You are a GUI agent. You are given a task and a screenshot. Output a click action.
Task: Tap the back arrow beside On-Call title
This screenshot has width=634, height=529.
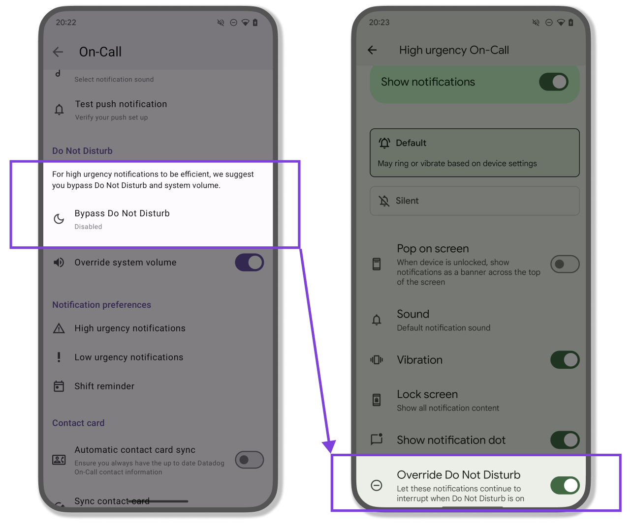(x=58, y=52)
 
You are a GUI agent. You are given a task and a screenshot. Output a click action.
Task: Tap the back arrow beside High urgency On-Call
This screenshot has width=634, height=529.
(x=372, y=50)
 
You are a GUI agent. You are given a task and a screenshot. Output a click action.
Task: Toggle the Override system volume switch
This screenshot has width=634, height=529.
(x=249, y=263)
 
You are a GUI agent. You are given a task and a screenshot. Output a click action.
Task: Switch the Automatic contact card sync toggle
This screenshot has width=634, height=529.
(x=249, y=460)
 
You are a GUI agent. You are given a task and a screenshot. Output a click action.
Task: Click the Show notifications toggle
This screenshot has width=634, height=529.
(x=554, y=82)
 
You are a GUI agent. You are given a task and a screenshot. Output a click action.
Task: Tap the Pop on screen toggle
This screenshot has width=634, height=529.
(x=565, y=264)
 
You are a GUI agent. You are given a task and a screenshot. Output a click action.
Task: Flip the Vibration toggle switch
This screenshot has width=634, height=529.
(x=565, y=360)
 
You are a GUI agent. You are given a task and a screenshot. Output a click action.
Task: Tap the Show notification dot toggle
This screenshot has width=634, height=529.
(x=565, y=440)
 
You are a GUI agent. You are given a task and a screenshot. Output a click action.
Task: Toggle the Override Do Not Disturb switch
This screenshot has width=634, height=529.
(x=565, y=485)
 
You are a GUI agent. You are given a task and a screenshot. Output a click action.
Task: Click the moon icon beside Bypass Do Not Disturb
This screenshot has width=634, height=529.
(x=59, y=219)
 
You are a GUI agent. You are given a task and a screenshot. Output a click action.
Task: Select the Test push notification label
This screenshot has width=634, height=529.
(x=121, y=104)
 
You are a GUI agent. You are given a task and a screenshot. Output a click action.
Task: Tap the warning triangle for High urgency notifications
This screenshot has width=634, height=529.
(x=59, y=328)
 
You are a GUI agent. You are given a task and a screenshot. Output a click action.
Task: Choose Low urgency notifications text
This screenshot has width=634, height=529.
(x=129, y=357)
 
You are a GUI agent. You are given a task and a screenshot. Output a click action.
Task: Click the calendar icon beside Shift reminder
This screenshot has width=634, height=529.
(x=59, y=386)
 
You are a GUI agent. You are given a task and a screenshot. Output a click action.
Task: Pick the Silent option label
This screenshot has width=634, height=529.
(x=407, y=201)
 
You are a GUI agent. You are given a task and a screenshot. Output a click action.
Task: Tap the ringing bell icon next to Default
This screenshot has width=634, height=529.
(x=384, y=143)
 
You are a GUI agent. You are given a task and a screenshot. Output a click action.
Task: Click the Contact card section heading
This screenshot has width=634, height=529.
(x=78, y=423)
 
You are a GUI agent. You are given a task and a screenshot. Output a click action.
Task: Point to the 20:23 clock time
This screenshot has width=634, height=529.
(x=379, y=23)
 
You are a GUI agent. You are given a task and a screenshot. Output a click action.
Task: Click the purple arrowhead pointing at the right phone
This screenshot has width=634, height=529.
(x=329, y=446)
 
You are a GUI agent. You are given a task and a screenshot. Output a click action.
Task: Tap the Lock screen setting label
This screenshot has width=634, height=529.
(x=427, y=394)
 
